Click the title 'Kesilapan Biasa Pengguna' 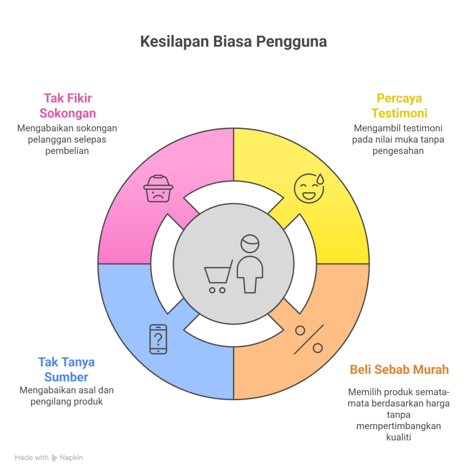pyautogui.click(x=233, y=42)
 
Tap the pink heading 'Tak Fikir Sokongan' pyautogui.click(x=68, y=106)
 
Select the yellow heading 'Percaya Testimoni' pyautogui.click(x=399, y=106)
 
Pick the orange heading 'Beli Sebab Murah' pyautogui.click(x=399, y=370)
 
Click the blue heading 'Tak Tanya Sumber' pyautogui.click(x=66, y=369)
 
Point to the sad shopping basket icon pyautogui.click(x=158, y=188)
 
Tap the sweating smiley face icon pyautogui.click(x=309, y=188)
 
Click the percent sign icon pyautogui.click(x=309, y=339)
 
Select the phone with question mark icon pyautogui.click(x=158, y=339)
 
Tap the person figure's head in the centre pyautogui.click(x=250, y=243)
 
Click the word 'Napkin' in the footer pyautogui.click(x=71, y=458)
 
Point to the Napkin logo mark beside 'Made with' pyautogui.click(x=54, y=458)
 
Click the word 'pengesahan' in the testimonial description pyautogui.click(x=399, y=151)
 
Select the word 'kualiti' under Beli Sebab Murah pyautogui.click(x=399, y=437)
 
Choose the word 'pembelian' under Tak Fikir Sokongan pyautogui.click(x=68, y=151)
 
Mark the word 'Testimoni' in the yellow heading pyautogui.click(x=399, y=113)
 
